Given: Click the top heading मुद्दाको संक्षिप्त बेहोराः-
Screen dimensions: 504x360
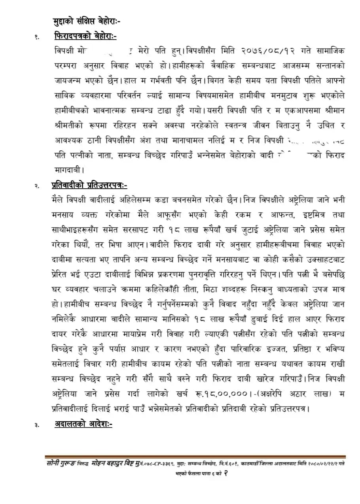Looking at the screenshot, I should tap(87, 22).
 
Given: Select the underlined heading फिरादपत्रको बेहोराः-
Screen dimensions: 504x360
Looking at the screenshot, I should tap(85, 37).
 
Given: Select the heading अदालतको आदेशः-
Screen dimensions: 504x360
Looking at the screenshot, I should tap(83, 424).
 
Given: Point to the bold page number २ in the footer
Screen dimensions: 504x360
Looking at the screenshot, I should tap(224, 473).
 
